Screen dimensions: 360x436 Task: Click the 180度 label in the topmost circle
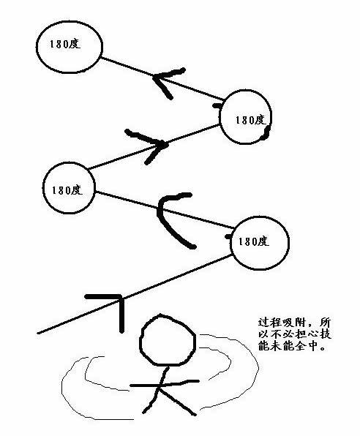pyautogui.click(x=65, y=45)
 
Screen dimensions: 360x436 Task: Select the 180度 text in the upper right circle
pyautogui.click(x=251, y=120)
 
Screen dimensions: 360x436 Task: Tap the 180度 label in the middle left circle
pyautogui.click(x=67, y=190)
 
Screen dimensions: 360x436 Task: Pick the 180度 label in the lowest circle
pyautogui.click(x=254, y=241)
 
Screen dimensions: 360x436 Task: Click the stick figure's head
pyautogui.click(x=168, y=339)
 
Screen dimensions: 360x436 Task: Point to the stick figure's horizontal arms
pyautogui.click(x=165, y=384)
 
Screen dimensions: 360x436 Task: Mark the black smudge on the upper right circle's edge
pyautogui.click(x=266, y=132)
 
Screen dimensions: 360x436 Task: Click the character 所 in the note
pyautogui.click(x=326, y=323)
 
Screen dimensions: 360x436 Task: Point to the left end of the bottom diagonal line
pyautogui.click(x=38, y=333)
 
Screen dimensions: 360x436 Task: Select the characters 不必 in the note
pyautogui.click(x=282, y=334)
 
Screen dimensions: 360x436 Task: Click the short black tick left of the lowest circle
pyautogui.click(x=228, y=237)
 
